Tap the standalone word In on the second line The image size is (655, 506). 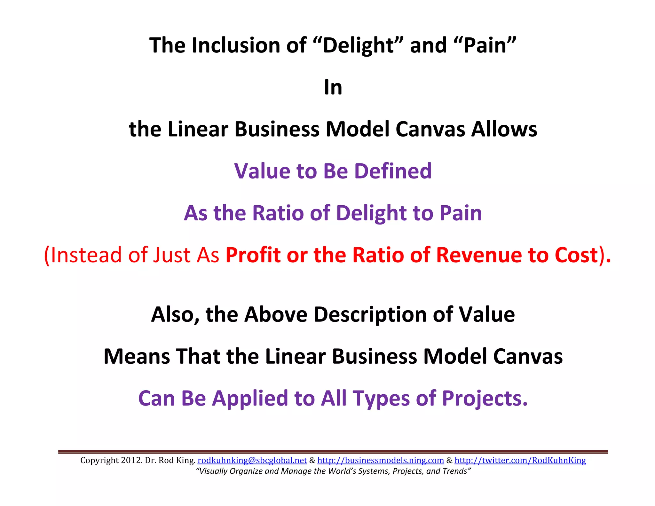333,87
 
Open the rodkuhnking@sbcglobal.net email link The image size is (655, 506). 252,460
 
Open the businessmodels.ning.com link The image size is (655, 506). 381,460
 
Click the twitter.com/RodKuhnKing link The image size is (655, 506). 520,460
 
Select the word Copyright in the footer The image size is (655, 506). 99,460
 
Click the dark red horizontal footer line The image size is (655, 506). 333,451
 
